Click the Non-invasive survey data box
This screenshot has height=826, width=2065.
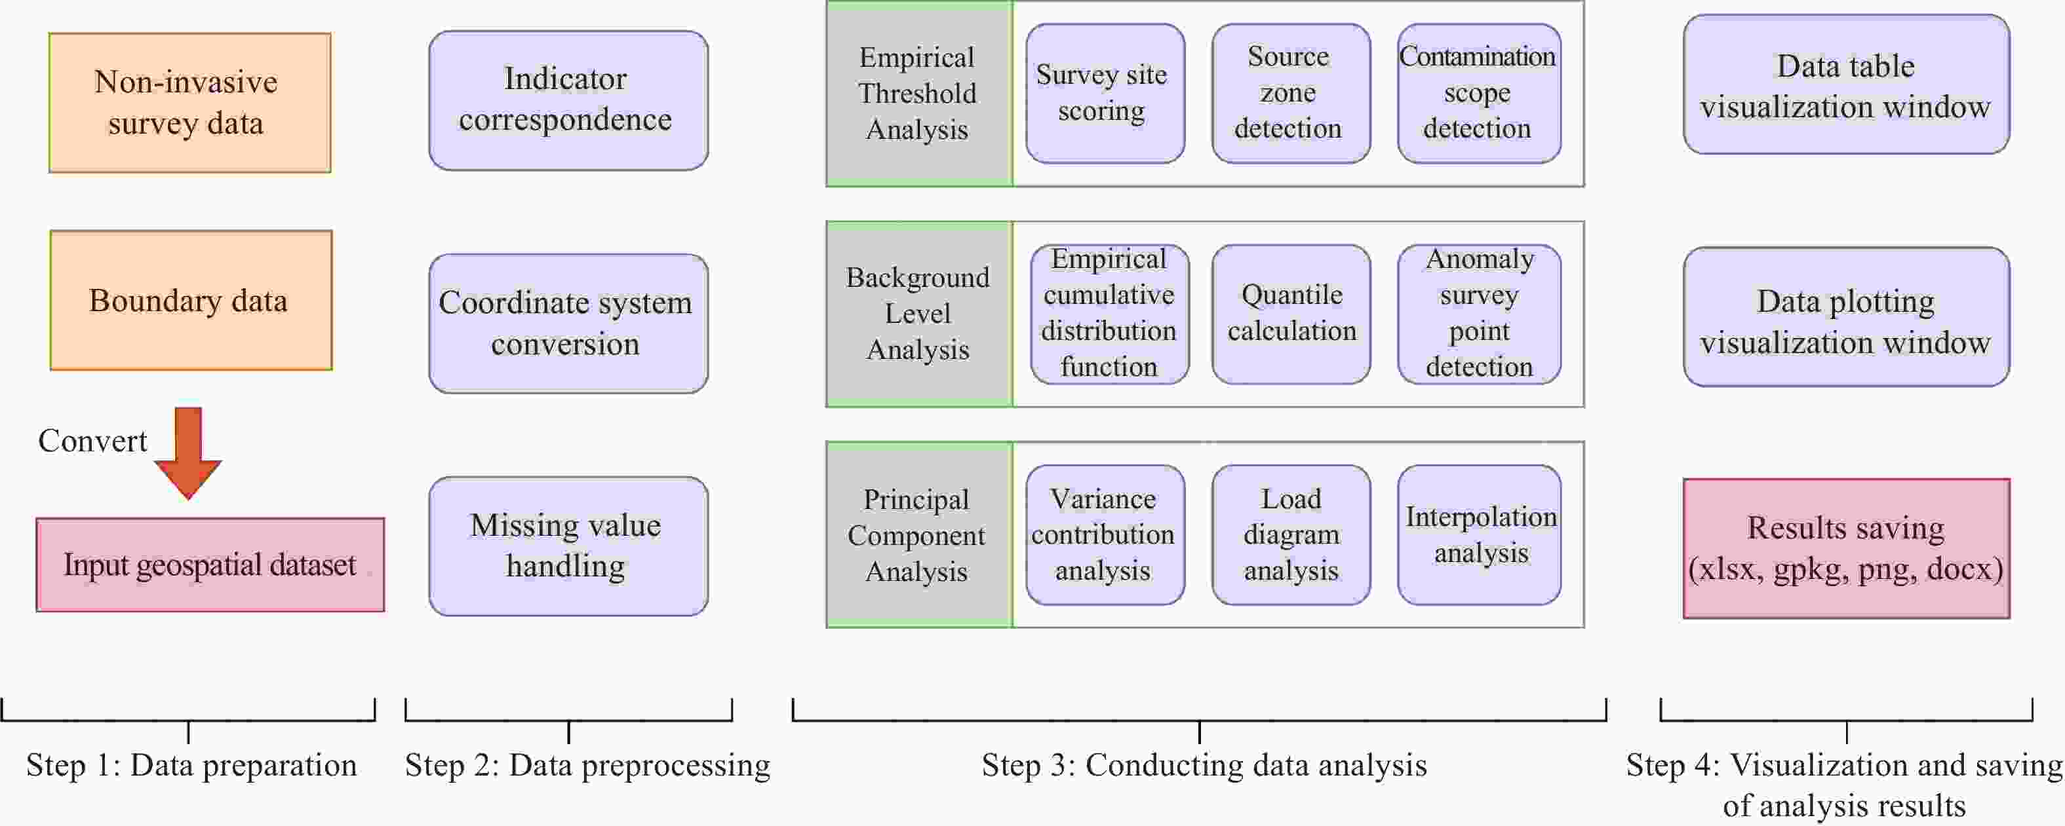(x=190, y=103)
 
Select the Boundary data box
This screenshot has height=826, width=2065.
(x=191, y=301)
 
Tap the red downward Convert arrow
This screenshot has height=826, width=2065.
(x=187, y=453)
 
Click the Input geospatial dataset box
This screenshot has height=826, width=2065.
(x=210, y=565)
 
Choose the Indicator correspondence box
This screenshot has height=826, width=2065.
(x=568, y=100)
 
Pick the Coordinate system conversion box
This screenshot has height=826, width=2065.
(x=568, y=323)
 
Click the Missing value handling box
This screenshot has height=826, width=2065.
(x=568, y=546)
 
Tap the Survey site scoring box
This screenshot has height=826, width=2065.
(x=1105, y=94)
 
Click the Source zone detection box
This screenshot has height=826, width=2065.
(x=1291, y=94)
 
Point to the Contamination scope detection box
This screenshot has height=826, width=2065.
(x=1479, y=94)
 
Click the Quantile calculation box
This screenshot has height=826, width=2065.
(x=1291, y=314)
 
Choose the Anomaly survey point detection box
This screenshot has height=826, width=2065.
(x=1479, y=314)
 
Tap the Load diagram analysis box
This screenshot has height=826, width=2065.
(x=1291, y=535)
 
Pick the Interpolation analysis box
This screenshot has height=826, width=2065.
(x=1479, y=535)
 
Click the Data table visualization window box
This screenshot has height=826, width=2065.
(x=1846, y=84)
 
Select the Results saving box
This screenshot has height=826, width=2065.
(x=1846, y=549)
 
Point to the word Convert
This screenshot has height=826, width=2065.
(x=93, y=441)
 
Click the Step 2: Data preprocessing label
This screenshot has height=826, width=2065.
(x=587, y=765)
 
